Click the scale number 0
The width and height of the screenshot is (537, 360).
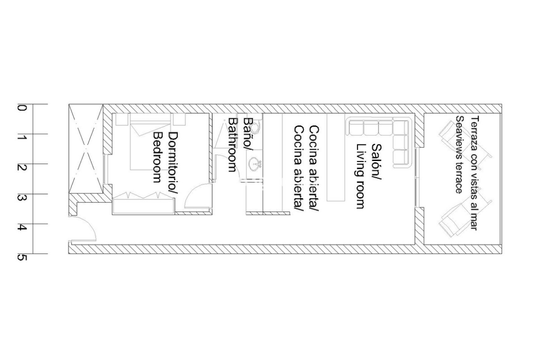(22, 108)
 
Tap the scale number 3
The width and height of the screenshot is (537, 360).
(22, 198)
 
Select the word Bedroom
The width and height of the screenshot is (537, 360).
(157, 157)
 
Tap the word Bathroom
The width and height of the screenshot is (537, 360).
(233, 145)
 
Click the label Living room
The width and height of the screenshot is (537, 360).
(361, 176)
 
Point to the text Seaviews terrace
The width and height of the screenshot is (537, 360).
(459, 155)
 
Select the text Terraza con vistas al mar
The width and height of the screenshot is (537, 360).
(474, 173)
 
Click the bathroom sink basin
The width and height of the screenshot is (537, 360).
(255, 164)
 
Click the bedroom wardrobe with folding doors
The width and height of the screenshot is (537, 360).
(144, 204)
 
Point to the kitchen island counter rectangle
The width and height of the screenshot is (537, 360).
(336, 157)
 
